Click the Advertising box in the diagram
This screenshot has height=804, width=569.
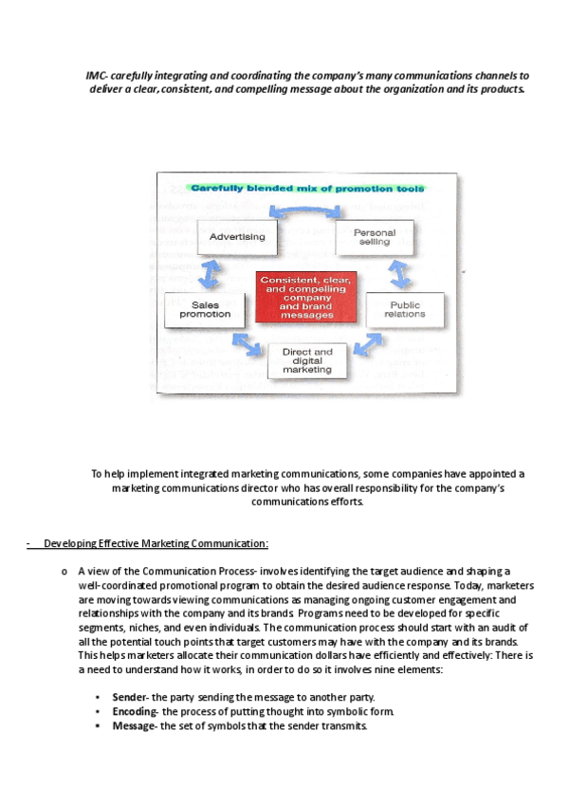coord(237,237)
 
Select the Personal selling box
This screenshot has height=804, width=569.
coord(375,237)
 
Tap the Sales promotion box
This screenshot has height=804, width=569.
coord(205,310)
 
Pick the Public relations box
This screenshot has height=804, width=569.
coord(405,309)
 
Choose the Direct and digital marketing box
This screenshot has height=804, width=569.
coord(307,360)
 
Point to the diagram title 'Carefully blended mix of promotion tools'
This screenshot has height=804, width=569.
coord(305,189)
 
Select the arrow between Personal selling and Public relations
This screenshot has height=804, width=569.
coord(398,273)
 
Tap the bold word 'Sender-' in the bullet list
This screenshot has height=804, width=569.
coord(130,697)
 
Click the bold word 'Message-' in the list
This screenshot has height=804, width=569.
coord(134,725)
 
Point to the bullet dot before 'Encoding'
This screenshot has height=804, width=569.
coord(98,711)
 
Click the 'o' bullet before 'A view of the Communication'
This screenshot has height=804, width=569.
coord(63,572)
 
